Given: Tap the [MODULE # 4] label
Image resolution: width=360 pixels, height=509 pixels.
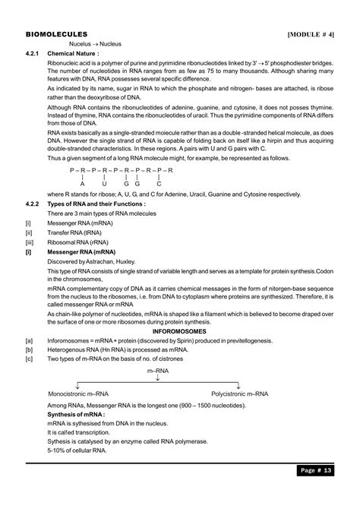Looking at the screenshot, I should pos(311,35).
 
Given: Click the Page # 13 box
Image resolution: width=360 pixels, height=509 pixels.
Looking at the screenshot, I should pos(313,491).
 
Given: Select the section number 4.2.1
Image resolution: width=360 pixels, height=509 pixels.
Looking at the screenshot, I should pos(34,54).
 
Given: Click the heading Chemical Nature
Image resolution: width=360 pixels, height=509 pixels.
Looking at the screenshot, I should pos(76,54).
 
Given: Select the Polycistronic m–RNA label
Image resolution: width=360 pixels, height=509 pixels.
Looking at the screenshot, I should pos(239,395).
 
